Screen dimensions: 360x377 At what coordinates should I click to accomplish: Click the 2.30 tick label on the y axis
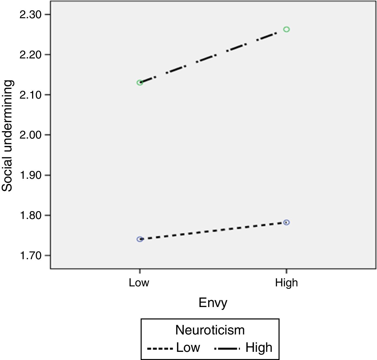tap(30, 14)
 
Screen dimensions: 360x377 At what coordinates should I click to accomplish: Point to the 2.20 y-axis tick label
tap(30, 55)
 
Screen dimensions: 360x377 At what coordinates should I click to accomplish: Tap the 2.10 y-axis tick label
tap(30, 95)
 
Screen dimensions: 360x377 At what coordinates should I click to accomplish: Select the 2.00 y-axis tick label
tap(30, 135)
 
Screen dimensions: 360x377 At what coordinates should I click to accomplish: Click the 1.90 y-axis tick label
tap(30, 175)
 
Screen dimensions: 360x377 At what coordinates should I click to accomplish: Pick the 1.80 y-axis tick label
tap(30, 215)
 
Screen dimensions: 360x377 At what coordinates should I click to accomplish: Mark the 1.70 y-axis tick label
tap(30, 255)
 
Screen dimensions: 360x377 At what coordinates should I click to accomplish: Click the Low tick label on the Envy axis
tap(139, 283)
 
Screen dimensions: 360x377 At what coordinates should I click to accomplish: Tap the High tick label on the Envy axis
tap(286, 283)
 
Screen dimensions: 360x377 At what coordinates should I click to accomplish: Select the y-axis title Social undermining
tap(7, 136)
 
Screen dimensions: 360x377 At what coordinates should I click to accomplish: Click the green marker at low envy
tap(140, 83)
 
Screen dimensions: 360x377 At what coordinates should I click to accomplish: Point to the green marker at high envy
tap(286, 29)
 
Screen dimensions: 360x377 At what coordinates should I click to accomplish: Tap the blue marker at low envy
tap(140, 239)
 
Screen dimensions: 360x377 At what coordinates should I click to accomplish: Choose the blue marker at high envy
tap(286, 223)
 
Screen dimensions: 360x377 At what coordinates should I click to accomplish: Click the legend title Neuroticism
tap(210, 330)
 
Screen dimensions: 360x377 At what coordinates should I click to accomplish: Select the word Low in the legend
tap(188, 348)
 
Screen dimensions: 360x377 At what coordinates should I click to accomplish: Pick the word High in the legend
tap(259, 348)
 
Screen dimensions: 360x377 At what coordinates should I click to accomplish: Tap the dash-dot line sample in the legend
tap(227, 348)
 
